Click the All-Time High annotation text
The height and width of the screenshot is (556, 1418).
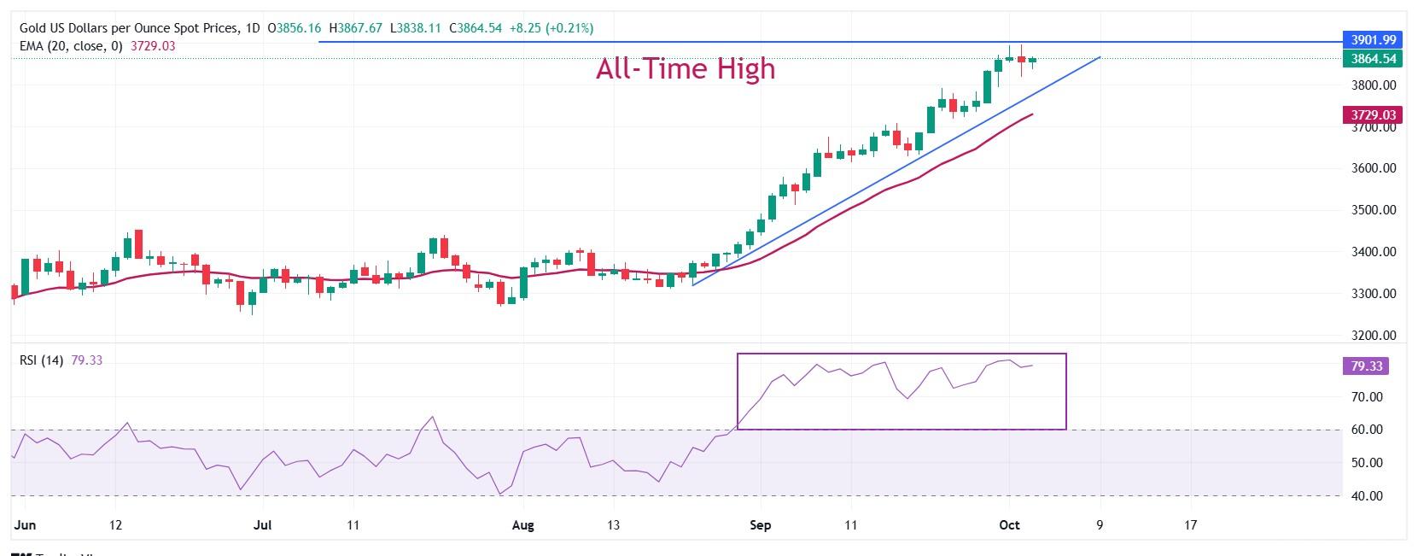point(686,68)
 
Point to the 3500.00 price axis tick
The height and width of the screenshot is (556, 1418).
point(1374,210)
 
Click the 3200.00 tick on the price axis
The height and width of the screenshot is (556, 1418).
point(1374,336)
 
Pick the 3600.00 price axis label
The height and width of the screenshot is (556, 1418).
point(1374,168)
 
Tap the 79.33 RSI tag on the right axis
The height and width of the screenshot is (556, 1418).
point(1367,366)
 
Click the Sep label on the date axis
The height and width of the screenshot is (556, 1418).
point(760,525)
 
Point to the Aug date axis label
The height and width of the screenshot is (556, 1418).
point(522,525)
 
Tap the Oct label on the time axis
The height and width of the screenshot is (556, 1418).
point(1009,525)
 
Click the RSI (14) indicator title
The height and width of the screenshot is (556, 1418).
point(41,360)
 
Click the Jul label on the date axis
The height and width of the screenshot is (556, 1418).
point(262,525)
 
